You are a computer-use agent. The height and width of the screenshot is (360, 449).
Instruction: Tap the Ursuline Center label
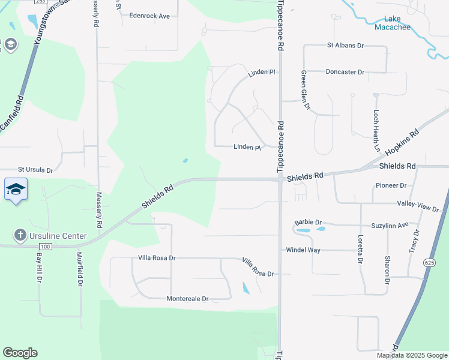[x=58, y=236]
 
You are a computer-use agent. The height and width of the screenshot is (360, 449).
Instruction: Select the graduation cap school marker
[x=16, y=190]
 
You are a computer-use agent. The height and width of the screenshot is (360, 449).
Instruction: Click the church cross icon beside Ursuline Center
[x=20, y=236]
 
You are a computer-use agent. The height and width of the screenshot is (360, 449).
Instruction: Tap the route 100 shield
[x=44, y=247]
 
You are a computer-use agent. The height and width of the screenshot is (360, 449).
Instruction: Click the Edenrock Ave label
[x=149, y=16]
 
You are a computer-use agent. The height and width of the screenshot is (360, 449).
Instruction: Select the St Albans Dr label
[x=345, y=45]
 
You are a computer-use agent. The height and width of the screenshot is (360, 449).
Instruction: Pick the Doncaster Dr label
[x=345, y=72]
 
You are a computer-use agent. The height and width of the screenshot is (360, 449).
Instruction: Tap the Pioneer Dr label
[x=391, y=186]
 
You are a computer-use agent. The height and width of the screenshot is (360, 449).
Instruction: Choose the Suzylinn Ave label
[x=390, y=225]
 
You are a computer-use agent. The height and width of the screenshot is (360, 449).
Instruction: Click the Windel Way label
[x=303, y=250]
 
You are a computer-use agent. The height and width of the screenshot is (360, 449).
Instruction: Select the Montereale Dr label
[x=187, y=299]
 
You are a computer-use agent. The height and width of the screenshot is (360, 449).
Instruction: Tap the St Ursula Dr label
[x=35, y=170]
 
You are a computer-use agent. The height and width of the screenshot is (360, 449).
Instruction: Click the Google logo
[x=20, y=353]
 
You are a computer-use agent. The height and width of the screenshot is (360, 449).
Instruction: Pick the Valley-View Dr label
[x=418, y=206]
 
